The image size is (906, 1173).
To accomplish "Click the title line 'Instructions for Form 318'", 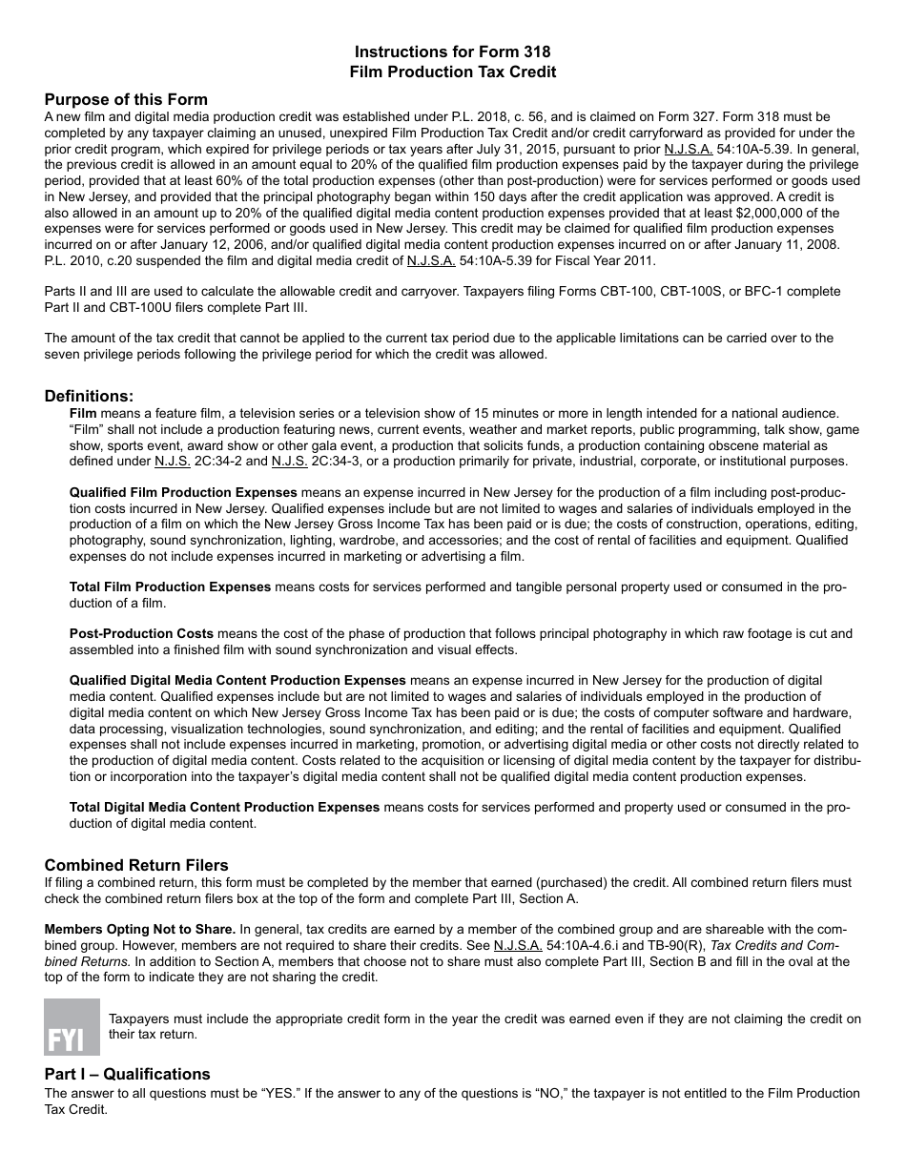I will pos(452,51).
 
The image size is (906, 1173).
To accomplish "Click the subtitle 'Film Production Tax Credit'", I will pos(452,72).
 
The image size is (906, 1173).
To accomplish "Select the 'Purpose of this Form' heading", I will pos(126,99).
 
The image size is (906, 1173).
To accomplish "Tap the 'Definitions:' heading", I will pos(90,396).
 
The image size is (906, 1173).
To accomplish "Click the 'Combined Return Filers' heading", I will pos(136,865).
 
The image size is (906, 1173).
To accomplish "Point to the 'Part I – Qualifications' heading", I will pos(127,1074).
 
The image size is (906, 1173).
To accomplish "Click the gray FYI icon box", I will pos(72,1026).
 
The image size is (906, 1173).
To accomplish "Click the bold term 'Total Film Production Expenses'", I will pos(170,586).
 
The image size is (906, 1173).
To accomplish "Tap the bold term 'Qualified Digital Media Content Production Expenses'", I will pos(237,680).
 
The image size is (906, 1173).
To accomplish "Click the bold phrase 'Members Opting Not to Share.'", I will pos(140,929).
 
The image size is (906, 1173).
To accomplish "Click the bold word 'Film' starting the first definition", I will pos(83,413).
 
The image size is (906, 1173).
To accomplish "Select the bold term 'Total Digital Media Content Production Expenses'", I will pos(224,807).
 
